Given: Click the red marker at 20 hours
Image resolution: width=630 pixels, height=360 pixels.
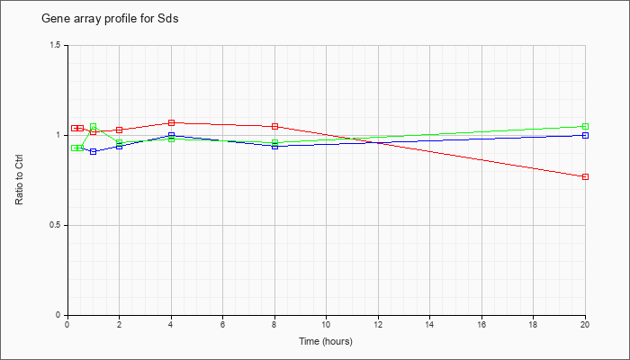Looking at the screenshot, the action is pos(585,176).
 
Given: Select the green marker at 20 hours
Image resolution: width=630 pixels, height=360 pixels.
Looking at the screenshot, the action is pos(585,127).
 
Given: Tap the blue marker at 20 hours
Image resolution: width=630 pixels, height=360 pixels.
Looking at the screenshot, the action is pos(585,135).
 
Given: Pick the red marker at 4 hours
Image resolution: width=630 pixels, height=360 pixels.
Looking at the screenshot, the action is pos(172,123).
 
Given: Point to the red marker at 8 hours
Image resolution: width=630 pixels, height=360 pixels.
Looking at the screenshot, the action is pos(274,127).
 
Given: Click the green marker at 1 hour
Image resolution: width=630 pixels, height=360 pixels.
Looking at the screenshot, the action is pos(94,127).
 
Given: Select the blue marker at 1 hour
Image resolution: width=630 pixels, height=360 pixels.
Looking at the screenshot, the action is pos(94,152).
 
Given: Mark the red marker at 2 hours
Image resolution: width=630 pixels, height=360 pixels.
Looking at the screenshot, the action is pos(120,130).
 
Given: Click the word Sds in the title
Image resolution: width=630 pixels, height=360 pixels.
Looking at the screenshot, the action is pos(168,19).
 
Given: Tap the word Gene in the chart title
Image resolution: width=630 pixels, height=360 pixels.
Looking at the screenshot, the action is pos(52,19).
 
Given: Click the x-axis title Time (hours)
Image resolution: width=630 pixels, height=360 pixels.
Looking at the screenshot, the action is pos(326,341).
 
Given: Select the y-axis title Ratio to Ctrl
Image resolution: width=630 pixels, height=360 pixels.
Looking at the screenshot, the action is pos(19,180).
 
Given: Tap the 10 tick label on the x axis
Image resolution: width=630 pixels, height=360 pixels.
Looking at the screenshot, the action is pos(326,324).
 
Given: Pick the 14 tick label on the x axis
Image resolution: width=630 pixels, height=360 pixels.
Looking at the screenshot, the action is pos(430,324).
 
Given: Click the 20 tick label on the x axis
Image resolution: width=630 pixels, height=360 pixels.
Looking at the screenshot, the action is pos(585,324).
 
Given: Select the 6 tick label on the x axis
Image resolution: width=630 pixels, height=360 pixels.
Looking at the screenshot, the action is pos(223,324).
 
